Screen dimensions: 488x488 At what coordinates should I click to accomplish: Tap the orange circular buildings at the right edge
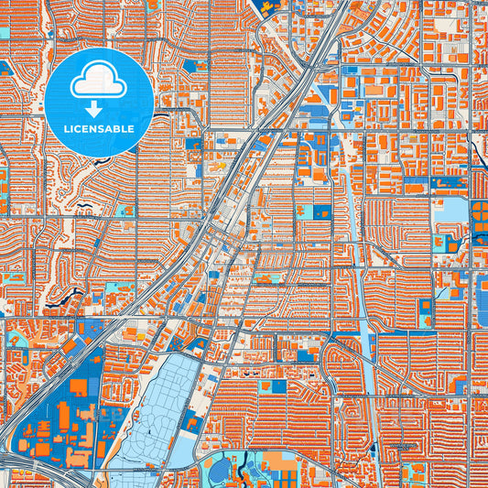(481, 220)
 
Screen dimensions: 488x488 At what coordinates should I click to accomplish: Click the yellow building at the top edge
(267, 7)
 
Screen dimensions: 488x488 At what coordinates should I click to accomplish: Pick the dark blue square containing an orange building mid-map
(321, 211)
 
